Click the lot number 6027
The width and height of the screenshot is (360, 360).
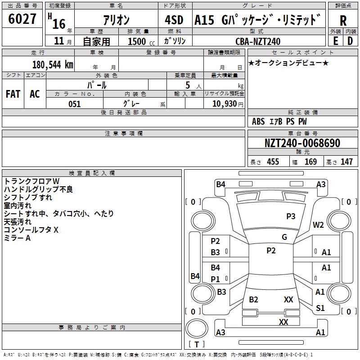pos(22,19)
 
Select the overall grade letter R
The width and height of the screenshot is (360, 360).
pos(343,21)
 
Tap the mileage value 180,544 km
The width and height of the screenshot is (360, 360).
pos(53,65)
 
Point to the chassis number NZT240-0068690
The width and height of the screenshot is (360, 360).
pos(302,143)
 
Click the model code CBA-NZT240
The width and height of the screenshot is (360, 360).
pos(258,41)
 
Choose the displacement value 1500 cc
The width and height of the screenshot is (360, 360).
pos(141,41)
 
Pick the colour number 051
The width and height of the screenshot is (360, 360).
pos(75,104)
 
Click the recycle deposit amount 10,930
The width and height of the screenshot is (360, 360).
pos(225,104)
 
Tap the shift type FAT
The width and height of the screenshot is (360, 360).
pos(13,94)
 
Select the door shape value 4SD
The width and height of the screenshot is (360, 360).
pos(174,20)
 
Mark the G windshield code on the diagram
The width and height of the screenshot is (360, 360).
pos(284,237)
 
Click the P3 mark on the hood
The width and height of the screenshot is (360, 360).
pos(291,216)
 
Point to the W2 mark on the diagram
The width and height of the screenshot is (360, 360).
pos(318,225)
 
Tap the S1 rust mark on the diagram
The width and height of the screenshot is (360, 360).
pos(320,308)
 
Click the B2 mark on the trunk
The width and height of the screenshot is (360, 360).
pos(253,300)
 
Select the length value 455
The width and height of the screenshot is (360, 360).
pos(273,162)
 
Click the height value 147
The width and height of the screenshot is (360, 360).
pos(346,162)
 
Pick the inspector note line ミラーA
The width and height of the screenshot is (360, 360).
pos(17,238)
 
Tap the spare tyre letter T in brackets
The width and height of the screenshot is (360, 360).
pos(197,344)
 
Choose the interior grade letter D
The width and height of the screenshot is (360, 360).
pos(350,41)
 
